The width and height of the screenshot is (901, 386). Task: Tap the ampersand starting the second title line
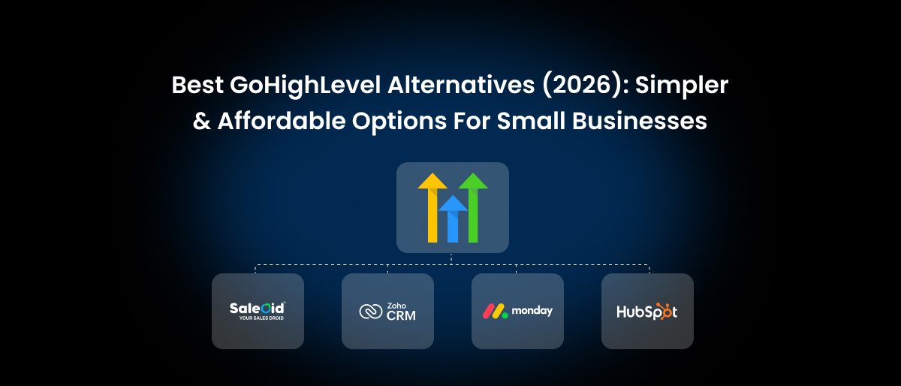pos(202,121)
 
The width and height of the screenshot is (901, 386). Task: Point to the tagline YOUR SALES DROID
pos(258,318)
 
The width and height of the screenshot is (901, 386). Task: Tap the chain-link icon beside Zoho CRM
pos(371,312)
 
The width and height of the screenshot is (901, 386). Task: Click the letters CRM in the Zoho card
pos(400,315)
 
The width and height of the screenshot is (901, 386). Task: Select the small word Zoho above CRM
pos(396,305)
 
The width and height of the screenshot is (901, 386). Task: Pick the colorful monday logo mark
pos(494,311)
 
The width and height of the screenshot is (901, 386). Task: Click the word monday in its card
pos(532,311)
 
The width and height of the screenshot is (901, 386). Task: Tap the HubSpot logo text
pos(646,312)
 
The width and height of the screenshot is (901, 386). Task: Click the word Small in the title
pos(523,121)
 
